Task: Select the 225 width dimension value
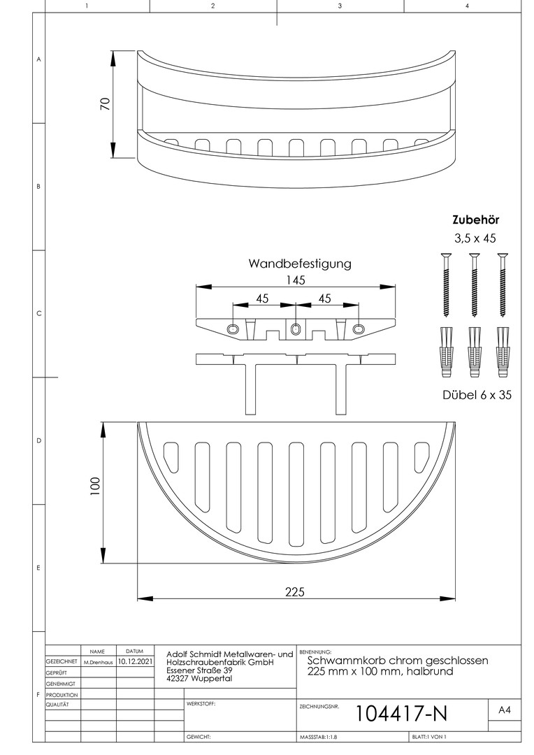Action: [x=295, y=591]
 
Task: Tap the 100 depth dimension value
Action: [x=96, y=486]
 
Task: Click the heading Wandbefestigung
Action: [x=300, y=264]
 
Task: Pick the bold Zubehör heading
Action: [x=476, y=220]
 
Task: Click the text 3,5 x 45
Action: [x=475, y=238]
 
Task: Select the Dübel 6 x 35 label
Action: [x=478, y=395]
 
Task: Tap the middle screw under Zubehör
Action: [x=475, y=287]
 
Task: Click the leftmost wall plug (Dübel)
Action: [x=445, y=347]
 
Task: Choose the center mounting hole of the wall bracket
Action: [x=296, y=329]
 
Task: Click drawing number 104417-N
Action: [x=401, y=713]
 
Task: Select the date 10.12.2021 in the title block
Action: [x=135, y=659]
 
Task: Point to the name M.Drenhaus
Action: [x=98, y=660]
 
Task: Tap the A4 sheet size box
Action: [x=504, y=710]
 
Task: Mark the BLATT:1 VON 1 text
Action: [x=429, y=738]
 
